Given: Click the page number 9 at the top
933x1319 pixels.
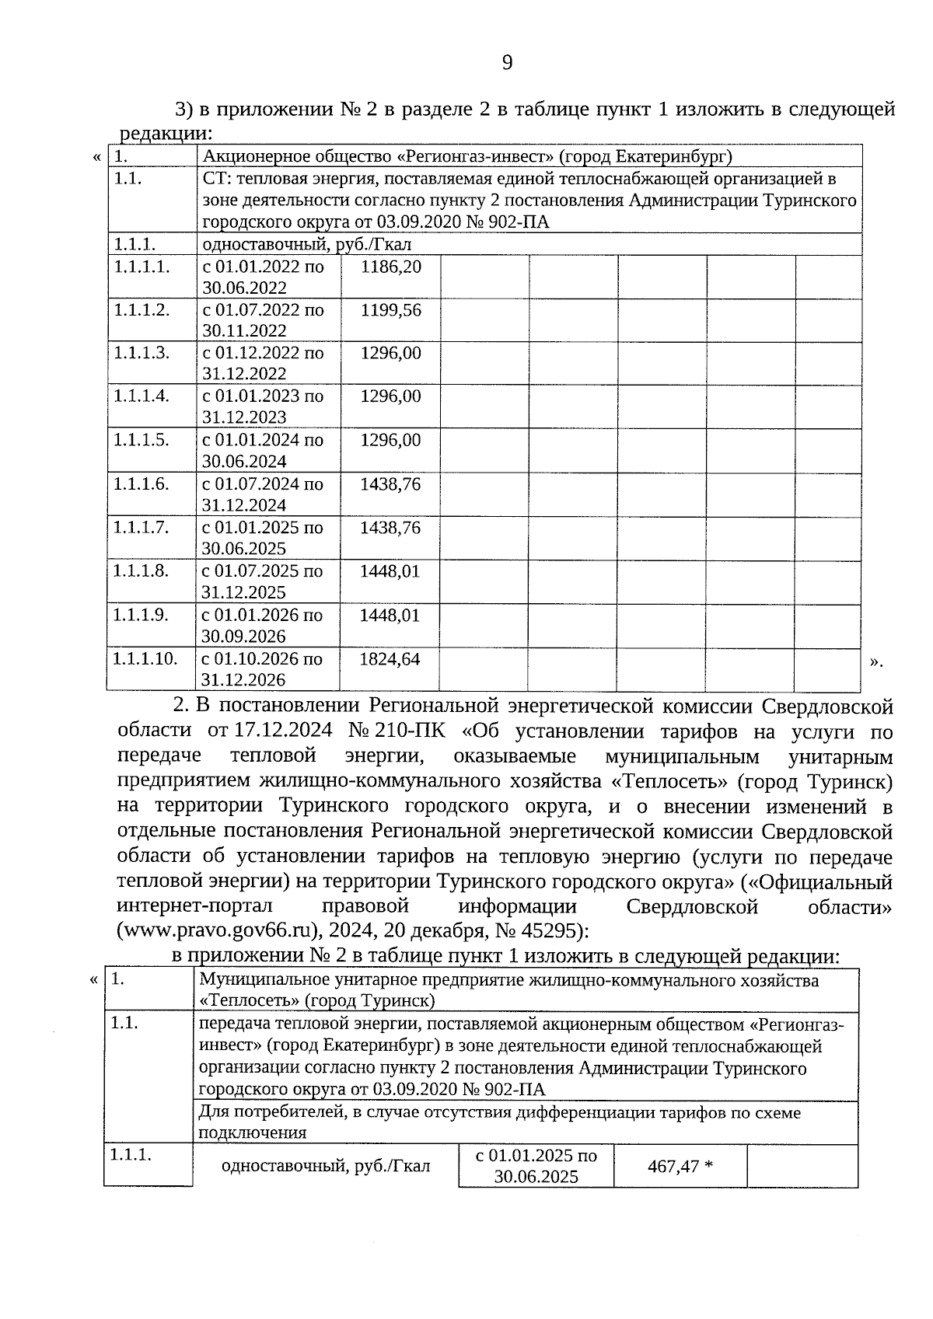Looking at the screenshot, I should click(x=507, y=63).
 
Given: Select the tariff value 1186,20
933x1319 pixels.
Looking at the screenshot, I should click(x=390, y=267).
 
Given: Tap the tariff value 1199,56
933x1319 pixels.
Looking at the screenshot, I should click(x=390, y=310).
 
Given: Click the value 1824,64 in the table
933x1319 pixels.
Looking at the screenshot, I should click(x=390, y=659).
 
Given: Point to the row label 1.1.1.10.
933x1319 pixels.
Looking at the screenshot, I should click(x=145, y=659).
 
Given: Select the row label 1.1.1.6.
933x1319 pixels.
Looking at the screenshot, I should click(x=141, y=484).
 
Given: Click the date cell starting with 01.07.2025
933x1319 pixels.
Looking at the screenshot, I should click(x=262, y=581).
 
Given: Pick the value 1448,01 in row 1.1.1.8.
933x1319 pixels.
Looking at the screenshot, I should click(x=390, y=571).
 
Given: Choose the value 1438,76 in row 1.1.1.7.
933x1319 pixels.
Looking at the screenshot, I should click(x=390, y=528).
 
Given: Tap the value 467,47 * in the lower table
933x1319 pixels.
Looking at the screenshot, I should click(x=680, y=1166).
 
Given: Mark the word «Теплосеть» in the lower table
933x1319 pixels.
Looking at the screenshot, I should click(x=249, y=1000).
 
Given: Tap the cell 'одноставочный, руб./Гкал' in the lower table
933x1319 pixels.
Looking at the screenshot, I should click(x=325, y=1166).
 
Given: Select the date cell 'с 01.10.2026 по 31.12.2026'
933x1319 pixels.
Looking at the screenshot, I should click(x=262, y=669).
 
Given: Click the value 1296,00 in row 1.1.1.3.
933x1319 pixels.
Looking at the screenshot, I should click(x=390, y=354).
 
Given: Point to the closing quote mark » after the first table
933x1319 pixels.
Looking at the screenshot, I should click(x=876, y=661).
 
